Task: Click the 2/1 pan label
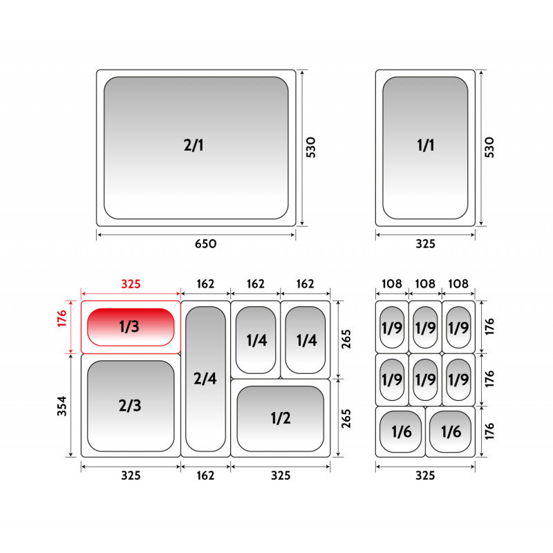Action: tap(194, 145)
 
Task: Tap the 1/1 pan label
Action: tap(425, 145)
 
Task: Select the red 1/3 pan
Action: tap(131, 327)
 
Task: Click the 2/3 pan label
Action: tap(130, 406)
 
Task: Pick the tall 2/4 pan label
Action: tap(205, 378)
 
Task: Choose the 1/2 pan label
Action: tap(281, 418)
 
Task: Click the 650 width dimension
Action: tap(205, 244)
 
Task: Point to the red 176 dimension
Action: tap(62, 319)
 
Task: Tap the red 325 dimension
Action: tap(131, 284)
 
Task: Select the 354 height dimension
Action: tap(62, 406)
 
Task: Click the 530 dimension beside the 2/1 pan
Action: tap(310, 147)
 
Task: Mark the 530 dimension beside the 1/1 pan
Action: tap(489, 147)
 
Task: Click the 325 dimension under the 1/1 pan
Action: tap(425, 244)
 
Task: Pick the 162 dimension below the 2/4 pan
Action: tap(205, 476)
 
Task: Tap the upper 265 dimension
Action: tap(346, 339)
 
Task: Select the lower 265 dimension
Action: tap(346, 419)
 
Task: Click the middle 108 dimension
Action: tap(425, 283)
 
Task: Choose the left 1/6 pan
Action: tap(400, 431)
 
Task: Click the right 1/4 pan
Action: tap(306, 339)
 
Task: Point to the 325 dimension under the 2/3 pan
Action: tap(131, 476)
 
